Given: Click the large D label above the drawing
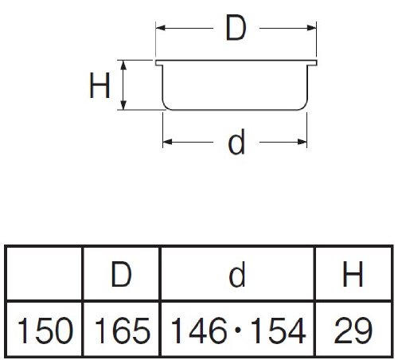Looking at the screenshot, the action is click(x=236, y=28).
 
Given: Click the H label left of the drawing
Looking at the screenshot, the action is click(x=99, y=85).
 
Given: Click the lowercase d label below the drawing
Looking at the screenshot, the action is click(x=236, y=142).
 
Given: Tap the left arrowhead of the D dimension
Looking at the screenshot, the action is click(x=161, y=28).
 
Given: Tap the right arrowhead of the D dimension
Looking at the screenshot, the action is click(x=311, y=28).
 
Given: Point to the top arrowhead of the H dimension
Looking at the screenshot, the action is click(x=123, y=65).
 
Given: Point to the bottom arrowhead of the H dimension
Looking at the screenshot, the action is click(x=123, y=104).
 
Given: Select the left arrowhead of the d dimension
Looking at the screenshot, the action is click(x=167, y=142).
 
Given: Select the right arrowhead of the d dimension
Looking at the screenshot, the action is click(x=302, y=142).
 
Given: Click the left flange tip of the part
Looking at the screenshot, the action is click(x=157, y=63).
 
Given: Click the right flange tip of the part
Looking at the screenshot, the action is click(x=315, y=63).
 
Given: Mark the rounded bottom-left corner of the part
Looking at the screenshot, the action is click(x=166, y=106).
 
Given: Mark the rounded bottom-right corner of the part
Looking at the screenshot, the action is click(x=304, y=106).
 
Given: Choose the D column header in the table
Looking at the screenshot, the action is click(x=121, y=274).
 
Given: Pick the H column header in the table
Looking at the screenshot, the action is click(x=353, y=274).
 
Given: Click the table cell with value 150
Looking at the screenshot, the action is click(x=45, y=330).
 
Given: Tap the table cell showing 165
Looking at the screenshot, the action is click(x=122, y=330).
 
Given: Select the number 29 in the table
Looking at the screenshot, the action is click(x=353, y=330).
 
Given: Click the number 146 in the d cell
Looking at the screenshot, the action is click(x=199, y=330).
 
